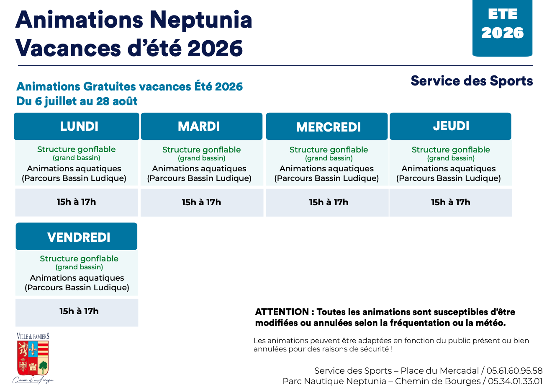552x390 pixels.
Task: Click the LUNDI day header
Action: point(77,127)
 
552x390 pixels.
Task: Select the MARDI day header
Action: point(202,127)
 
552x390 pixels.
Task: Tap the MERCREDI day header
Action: point(327,127)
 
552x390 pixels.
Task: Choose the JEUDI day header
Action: point(450,127)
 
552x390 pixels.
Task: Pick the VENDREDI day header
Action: point(77,236)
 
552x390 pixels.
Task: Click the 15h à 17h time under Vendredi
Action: point(79,311)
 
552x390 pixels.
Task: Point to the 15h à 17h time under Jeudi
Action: point(450,202)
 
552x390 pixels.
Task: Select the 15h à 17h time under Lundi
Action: point(76,202)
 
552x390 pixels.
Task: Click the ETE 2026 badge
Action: point(502,28)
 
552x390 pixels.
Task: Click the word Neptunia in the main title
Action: point(201,21)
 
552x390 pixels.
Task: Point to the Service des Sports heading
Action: point(472,81)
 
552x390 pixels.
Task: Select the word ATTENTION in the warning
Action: point(282,312)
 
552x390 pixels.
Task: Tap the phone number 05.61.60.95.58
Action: point(514,371)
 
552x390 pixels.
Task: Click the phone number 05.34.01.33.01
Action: point(515,381)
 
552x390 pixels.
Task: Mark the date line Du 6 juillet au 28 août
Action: point(77,101)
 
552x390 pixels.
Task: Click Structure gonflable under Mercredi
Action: point(329,150)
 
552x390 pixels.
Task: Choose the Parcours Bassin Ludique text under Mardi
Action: point(199,178)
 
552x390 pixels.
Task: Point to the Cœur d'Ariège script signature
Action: point(33,381)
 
